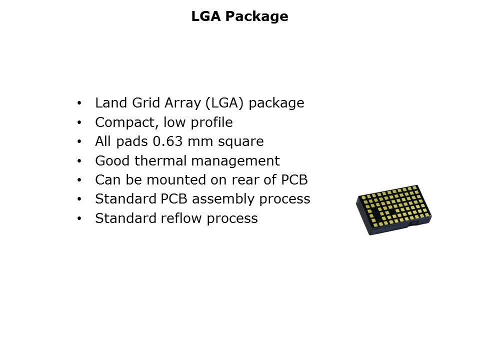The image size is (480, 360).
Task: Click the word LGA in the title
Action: tap(206, 16)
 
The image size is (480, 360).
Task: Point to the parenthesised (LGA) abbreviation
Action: tap(224, 103)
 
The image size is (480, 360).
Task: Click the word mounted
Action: tap(176, 180)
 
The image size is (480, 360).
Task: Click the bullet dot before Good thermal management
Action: tap(79, 161)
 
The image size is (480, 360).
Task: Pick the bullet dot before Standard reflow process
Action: tap(79, 218)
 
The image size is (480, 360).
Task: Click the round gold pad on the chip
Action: tap(363, 198)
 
